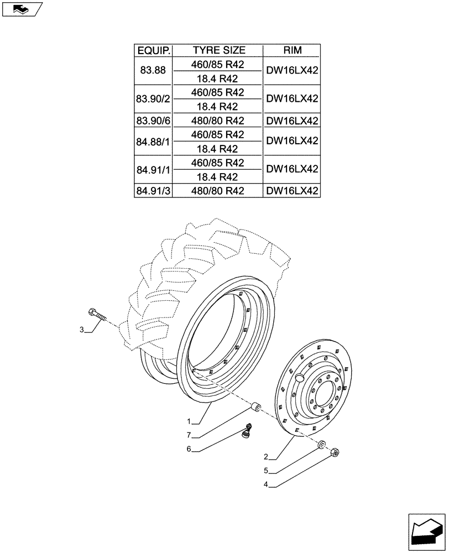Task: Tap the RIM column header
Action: click(292, 51)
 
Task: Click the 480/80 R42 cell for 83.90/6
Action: click(218, 121)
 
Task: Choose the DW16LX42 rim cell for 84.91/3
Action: click(292, 191)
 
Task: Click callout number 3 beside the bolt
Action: click(82, 330)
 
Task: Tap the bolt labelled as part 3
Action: click(96, 315)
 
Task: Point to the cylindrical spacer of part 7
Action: click(255, 408)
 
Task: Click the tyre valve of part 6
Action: click(248, 429)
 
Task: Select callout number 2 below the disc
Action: click(267, 457)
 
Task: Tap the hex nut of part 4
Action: click(334, 453)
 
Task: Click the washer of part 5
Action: click(321, 444)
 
